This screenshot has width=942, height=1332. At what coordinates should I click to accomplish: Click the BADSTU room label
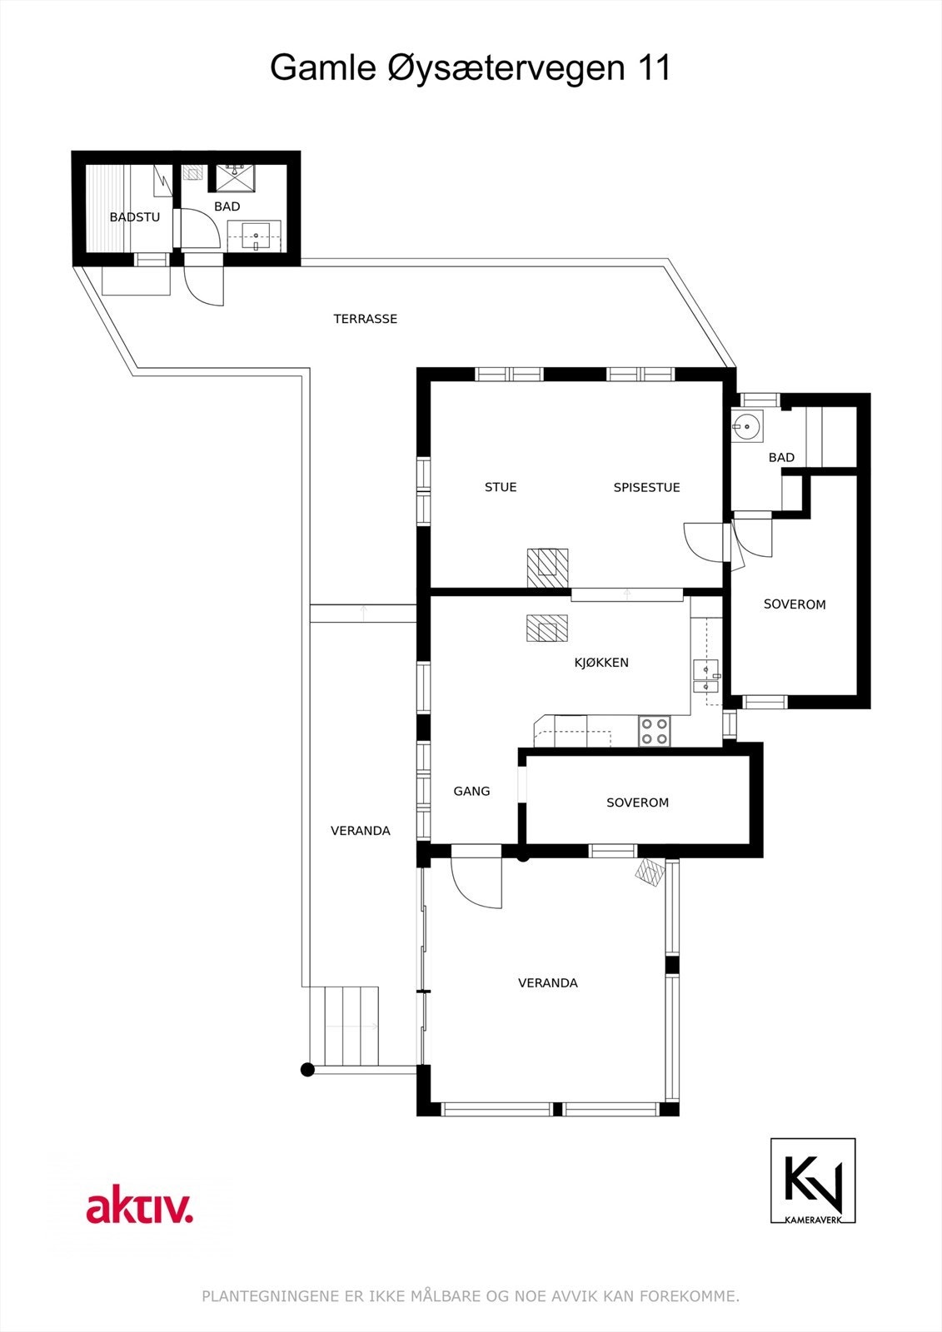pos(134,217)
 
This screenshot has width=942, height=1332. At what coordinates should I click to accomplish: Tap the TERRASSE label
pos(365,319)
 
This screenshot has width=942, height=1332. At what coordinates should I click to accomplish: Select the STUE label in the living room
pos(501,487)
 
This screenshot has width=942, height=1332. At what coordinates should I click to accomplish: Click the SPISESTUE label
pos(646,487)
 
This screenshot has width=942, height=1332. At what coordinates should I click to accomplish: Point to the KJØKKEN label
pos(601,663)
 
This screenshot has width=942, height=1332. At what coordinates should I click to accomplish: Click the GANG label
pos(471,791)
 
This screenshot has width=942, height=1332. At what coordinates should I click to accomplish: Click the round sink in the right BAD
pos(747,426)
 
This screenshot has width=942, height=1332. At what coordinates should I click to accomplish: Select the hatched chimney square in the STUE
pos(547,568)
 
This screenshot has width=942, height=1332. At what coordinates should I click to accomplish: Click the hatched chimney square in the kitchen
pos(546,628)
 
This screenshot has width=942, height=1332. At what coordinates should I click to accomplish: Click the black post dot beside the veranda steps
pos(307,1070)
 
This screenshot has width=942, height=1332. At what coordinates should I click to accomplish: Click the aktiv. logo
pos(139,1207)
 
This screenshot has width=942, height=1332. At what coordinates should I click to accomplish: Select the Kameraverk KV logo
pos(812,1180)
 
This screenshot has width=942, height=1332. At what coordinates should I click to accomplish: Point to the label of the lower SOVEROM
pos(637,803)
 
